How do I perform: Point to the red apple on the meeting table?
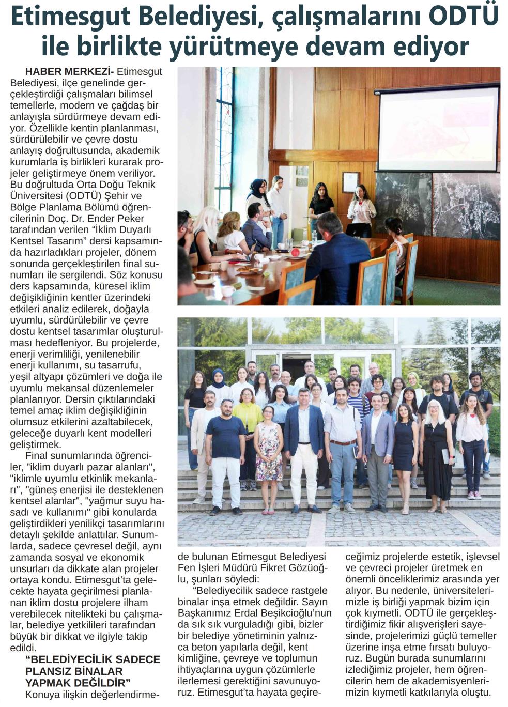295,253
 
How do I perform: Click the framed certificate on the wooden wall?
350,182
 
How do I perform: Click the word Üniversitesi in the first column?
39,196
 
